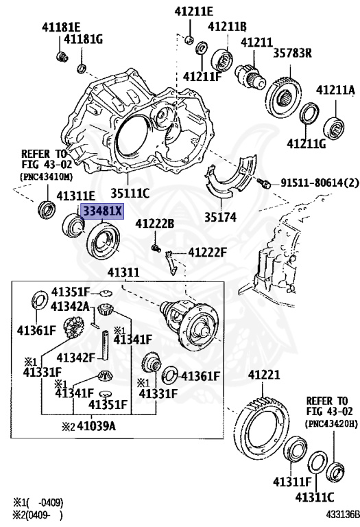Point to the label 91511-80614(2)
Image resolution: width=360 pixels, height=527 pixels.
point(320,183)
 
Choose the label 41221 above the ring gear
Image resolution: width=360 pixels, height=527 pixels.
point(265,375)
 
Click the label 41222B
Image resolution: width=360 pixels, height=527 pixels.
point(154,224)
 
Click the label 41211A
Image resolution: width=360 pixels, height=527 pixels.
point(335,90)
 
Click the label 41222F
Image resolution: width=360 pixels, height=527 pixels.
point(207,253)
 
